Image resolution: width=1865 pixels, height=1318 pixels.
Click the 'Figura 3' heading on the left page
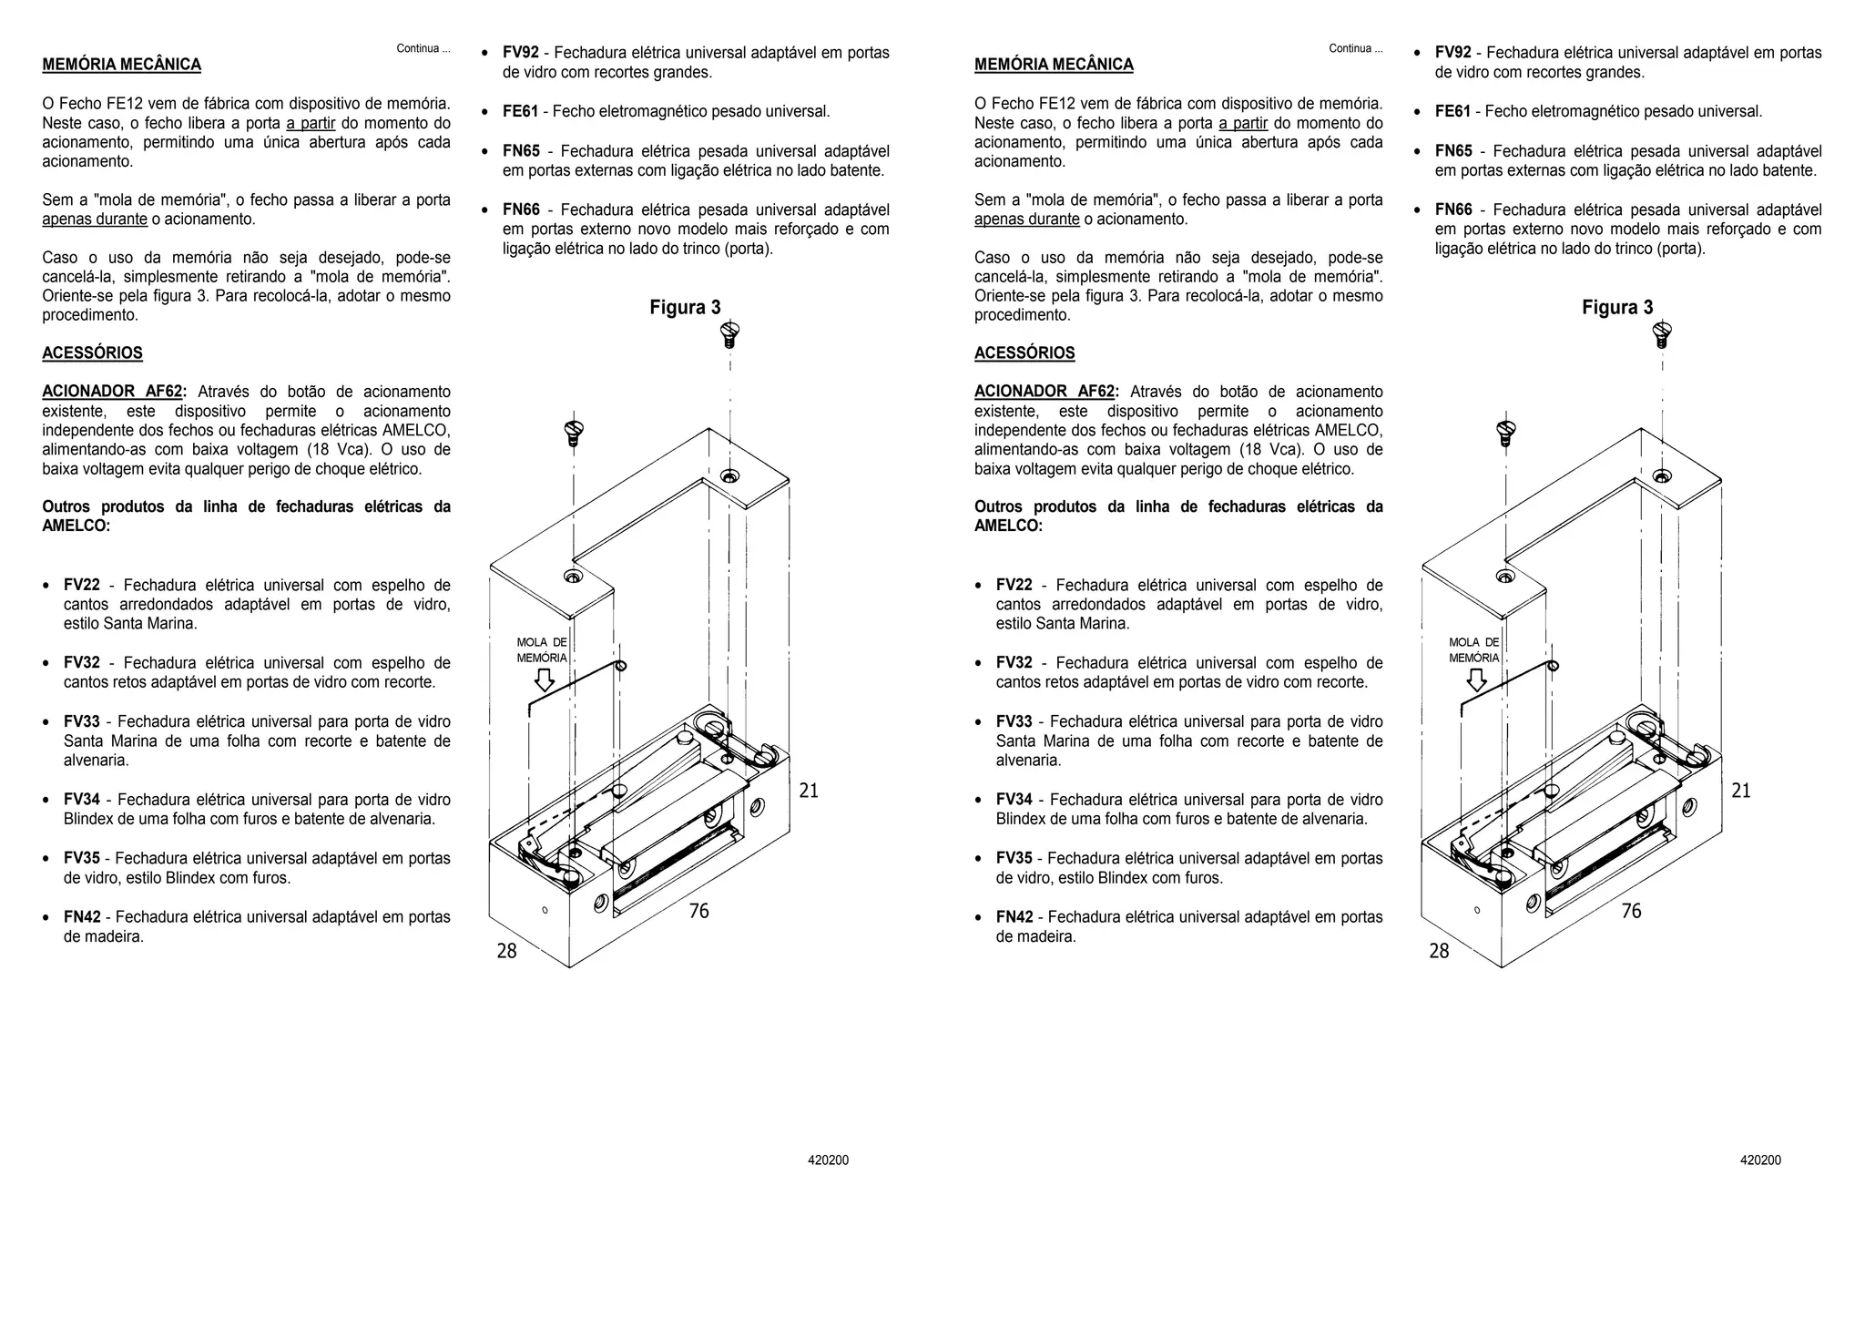tap(685, 308)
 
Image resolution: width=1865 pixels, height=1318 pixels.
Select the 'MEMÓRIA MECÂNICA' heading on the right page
tap(1054, 65)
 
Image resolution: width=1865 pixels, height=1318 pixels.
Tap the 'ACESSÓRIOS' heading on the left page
tap(92, 353)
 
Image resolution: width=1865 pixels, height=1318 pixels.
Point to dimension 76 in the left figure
tap(698, 911)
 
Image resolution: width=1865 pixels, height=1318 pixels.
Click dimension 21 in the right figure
tap(1740, 791)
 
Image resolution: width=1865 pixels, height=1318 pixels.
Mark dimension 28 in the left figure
tap(506, 951)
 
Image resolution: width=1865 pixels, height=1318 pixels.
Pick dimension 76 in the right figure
tap(1631, 911)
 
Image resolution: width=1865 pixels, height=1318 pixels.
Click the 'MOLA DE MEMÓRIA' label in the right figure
tap(1473, 650)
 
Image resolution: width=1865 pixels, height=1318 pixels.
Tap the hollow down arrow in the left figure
tap(545, 680)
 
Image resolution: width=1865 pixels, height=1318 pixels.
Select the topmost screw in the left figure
tap(729, 333)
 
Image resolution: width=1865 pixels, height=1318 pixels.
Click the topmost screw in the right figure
tap(1661, 333)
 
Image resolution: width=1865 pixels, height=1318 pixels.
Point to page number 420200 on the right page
tap(1760, 1160)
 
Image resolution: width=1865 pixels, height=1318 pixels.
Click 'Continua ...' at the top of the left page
tap(423, 48)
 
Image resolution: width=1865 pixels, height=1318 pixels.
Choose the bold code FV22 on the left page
tap(82, 586)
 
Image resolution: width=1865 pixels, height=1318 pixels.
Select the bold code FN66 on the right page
tap(1453, 210)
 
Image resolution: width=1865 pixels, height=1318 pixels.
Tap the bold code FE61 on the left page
tap(520, 112)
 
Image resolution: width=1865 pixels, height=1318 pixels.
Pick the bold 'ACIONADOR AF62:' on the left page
tap(113, 392)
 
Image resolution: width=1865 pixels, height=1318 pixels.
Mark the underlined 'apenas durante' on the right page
tap(1026, 220)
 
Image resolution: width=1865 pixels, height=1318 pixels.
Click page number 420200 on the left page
tap(828, 1160)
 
